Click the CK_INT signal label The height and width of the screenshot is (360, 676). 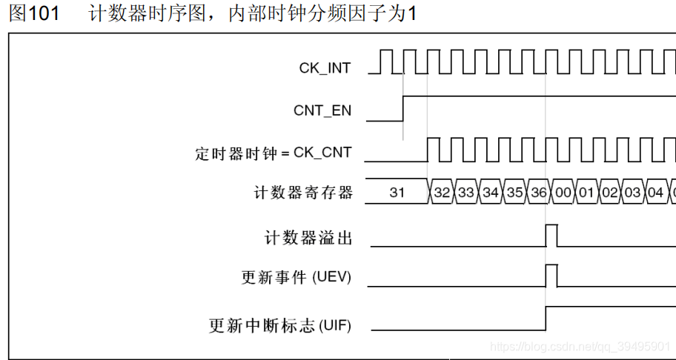click(325, 68)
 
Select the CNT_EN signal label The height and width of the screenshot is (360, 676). click(322, 111)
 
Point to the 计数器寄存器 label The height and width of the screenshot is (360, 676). click(303, 193)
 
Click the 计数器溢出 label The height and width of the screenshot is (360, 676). click(308, 238)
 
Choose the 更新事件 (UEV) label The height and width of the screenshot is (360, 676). click(296, 278)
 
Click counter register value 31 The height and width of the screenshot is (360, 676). click(397, 193)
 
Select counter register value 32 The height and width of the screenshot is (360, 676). click(442, 193)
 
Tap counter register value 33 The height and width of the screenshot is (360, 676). click(465, 193)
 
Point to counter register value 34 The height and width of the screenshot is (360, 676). click(490, 193)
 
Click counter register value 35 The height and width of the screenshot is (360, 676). click(514, 193)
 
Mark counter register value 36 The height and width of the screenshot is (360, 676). click(539, 193)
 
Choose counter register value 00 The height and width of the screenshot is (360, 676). click(563, 193)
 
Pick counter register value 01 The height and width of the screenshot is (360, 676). click(586, 193)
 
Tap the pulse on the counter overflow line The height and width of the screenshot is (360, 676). click(551, 236)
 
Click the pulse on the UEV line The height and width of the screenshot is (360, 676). click(551, 276)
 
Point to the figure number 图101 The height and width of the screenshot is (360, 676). click(34, 14)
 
